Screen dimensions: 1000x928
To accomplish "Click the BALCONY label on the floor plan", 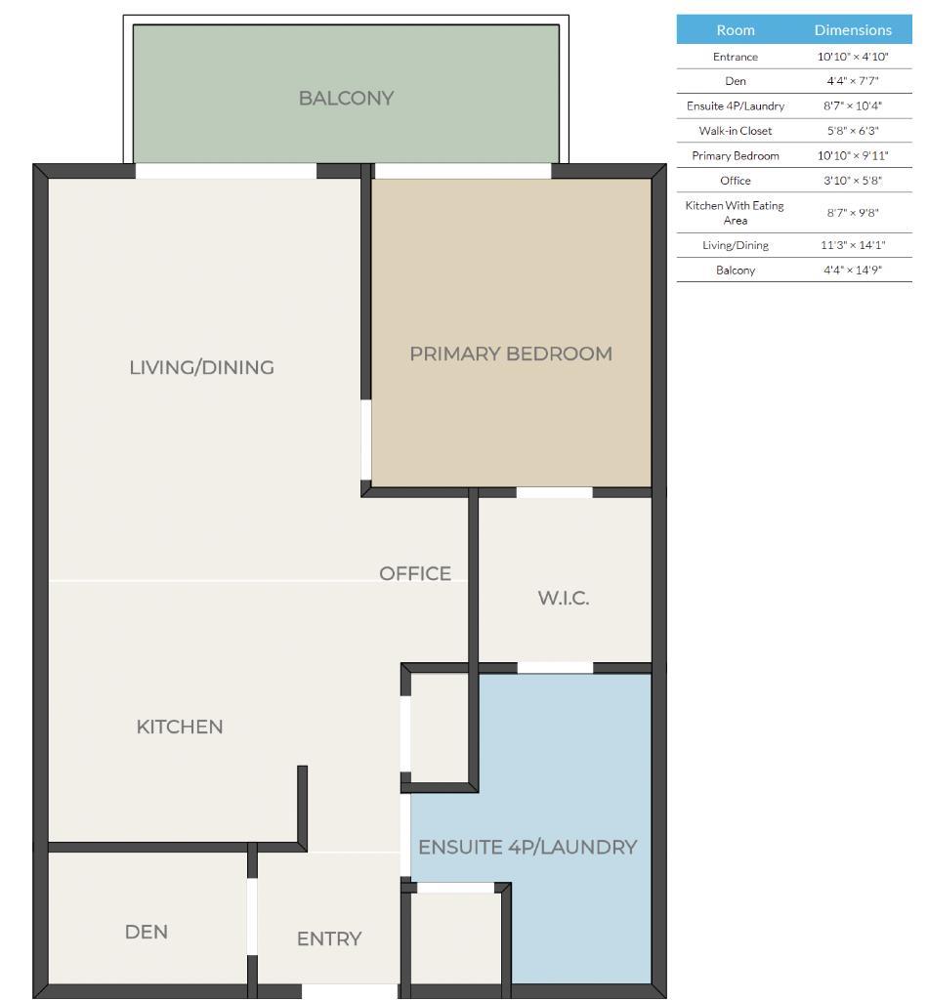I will click(346, 98).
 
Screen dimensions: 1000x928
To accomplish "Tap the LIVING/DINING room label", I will click(201, 367).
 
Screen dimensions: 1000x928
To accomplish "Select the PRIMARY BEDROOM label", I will click(511, 354).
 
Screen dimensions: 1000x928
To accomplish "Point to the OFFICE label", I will click(415, 573).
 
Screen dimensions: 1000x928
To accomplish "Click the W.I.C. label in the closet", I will click(564, 599).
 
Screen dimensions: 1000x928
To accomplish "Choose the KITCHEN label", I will click(180, 727).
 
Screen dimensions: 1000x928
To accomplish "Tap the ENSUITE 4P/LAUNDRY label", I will click(527, 847).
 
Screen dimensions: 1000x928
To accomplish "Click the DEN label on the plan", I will click(147, 932).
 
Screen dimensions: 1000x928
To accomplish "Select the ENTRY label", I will click(329, 938).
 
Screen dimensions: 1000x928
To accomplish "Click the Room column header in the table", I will click(736, 29).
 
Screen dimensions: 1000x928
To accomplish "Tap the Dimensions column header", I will click(853, 29).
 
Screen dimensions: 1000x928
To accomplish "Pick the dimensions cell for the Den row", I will click(853, 81).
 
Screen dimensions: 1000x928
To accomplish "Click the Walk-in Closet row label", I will click(736, 131).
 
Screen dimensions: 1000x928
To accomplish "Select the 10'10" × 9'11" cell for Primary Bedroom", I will click(853, 156).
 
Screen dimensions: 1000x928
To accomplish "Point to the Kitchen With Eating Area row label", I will click(736, 212).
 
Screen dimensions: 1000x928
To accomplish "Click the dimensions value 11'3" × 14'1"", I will click(853, 245).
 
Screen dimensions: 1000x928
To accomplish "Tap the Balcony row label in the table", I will click(736, 271).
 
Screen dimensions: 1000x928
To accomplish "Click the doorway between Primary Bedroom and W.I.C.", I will click(555, 492).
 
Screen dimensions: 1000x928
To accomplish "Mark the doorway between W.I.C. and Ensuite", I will click(555, 668).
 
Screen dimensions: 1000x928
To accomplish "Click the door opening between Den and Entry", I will click(252, 916).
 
